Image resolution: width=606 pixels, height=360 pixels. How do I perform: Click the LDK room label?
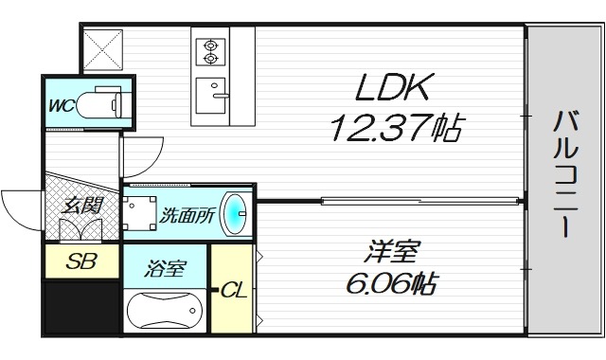coord(394,89)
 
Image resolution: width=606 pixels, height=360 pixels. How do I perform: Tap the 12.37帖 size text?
coord(395,127)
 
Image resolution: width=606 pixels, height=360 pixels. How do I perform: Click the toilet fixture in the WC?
coord(98,103)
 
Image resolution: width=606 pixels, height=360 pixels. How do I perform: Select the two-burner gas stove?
coord(209,50)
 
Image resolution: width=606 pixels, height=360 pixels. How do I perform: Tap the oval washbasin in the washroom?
coord(233,212)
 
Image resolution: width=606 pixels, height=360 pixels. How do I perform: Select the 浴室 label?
coord(165,269)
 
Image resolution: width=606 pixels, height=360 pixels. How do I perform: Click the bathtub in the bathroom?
coord(164,309)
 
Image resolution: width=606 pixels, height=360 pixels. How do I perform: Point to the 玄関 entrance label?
coord(81,205)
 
